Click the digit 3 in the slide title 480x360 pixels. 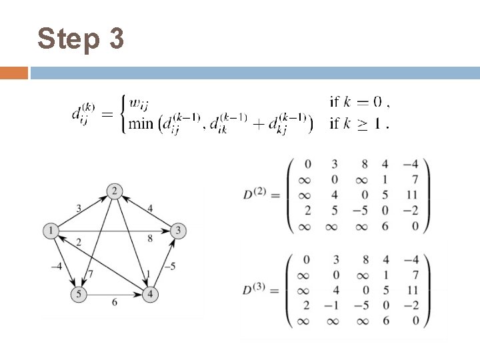click(x=115, y=39)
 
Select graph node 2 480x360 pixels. click(x=114, y=192)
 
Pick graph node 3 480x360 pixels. click(x=178, y=231)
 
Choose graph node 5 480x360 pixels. click(x=79, y=293)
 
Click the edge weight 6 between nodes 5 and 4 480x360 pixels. click(x=114, y=302)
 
